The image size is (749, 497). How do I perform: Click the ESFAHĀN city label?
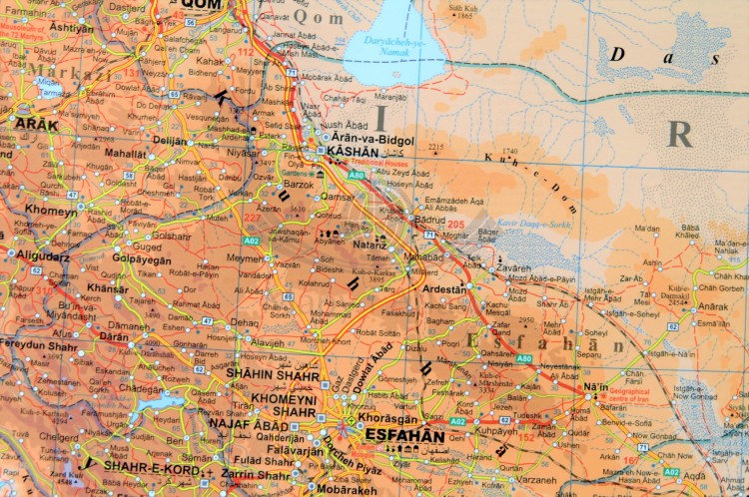click(404, 435)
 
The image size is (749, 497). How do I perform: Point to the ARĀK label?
click(37, 124)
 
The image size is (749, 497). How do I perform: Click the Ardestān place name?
click(445, 288)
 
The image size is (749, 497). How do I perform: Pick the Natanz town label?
click(370, 244)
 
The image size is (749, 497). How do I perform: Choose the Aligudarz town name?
click(43, 255)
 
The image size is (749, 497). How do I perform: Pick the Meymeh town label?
click(245, 258)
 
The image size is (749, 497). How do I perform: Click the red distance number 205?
click(457, 226)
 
